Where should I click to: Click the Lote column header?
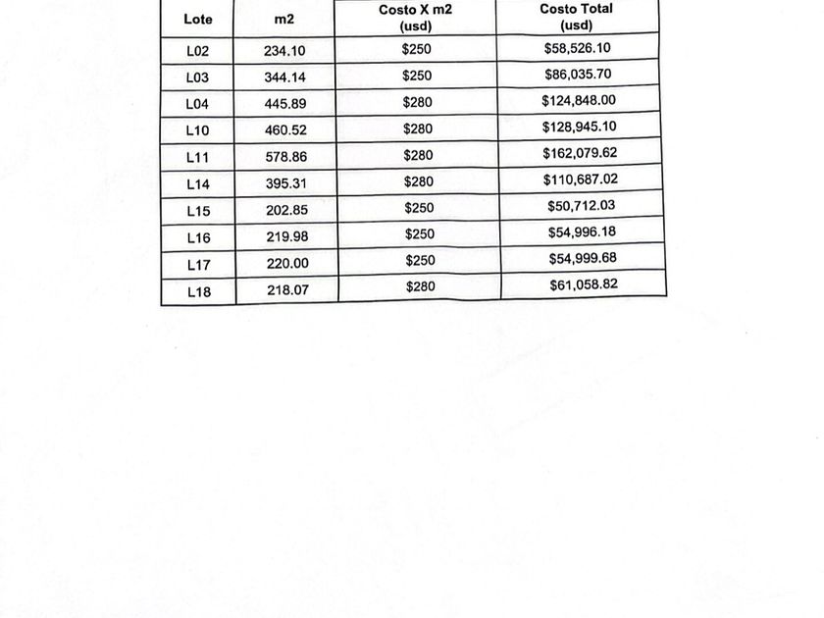pyautogui.click(x=198, y=20)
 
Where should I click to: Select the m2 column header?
pyautogui.click(x=284, y=20)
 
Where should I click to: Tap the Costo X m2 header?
pyautogui.click(x=416, y=17)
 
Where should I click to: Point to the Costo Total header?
pyautogui.click(x=578, y=16)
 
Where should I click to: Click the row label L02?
pyautogui.click(x=198, y=51)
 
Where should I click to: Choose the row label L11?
pyautogui.click(x=198, y=157)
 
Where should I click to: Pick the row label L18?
pyautogui.click(x=199, y=290)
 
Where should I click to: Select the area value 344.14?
pyautogui.click(x=284, y=77)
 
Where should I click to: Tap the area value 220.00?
pyautogui.click(x=286, y=264)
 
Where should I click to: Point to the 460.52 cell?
pyautogui.click(x=285, y=130)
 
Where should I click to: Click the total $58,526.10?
pyautogui.click(x=578, y=47)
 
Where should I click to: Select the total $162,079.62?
pyautogui.click(x=580, y=153)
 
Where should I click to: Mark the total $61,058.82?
pyautogui.click(x=583, y=284)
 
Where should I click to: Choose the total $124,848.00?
pyautogui.click(x=579, y=100)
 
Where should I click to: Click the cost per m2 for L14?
pyautogui.click(x=418, y=181)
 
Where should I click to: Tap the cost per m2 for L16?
pyautogui.click(x=419, y=234)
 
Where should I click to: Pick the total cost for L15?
pyautogui.click(x=582, y=206)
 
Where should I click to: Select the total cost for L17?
pyautogui.click(x=582, y=259)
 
